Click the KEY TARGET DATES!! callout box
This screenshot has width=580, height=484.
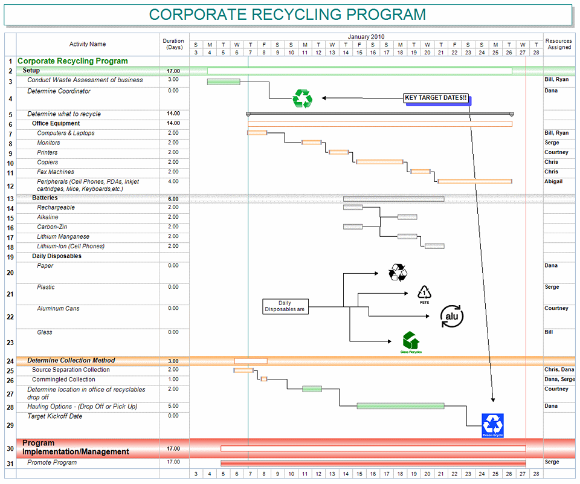coord(436,97)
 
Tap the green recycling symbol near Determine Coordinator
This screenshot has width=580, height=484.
coord(301,98)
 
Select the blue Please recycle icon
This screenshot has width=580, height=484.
coord(492,425)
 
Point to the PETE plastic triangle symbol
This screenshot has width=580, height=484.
coord(425,294)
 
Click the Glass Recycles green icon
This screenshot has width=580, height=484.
coord(411,343)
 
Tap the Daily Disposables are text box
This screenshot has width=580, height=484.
coord(285,306)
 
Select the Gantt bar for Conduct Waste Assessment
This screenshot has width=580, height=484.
coord(224,82)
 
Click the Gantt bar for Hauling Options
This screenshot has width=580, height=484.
coord(400,406)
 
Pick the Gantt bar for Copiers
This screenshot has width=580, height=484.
coord(379,162)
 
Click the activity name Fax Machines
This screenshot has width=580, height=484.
coord(55,172)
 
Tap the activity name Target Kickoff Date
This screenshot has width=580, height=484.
coord(55,416)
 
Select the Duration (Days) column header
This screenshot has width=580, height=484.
coord(173,44)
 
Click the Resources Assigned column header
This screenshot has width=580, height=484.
coord(559,44)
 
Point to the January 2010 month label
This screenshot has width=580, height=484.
coord(366,37)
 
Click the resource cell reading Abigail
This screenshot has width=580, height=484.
coord(553,181)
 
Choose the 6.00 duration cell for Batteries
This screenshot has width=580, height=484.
coord(173,199)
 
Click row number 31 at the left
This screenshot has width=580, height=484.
coord(10,463)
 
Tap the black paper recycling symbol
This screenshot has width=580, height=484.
coord(398,273)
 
